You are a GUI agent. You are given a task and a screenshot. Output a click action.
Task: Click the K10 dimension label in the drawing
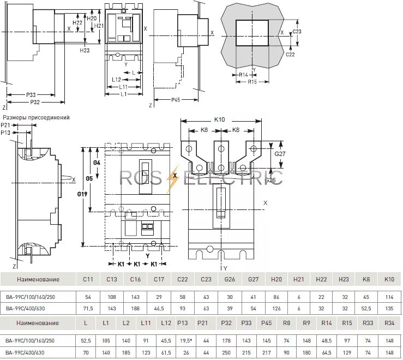[x=220, y=119]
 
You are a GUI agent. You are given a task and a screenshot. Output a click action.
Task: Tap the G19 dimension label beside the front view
[x=82, y=194]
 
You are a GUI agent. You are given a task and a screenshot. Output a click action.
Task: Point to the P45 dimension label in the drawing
[x=176, y=100]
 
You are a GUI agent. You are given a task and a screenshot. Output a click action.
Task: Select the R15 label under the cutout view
[x=252, y=82]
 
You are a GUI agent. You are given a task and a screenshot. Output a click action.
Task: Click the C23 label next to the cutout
[x=297, y=32]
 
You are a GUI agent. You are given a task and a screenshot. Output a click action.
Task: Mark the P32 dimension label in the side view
[x=35, y=102]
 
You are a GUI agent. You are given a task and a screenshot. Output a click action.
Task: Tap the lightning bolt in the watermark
[x=175, y=176]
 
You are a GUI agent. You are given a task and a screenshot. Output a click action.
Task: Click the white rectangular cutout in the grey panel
[x=252, y=33]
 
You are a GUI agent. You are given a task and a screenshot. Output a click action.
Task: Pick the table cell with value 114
[x=389, y=298]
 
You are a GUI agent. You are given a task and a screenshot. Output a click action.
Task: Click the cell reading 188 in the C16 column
[x=135, y=309]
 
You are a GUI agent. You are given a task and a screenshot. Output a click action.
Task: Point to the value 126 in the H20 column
[x=276, y=309]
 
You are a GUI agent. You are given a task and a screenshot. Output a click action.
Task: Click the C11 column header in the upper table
[x=88, y=279]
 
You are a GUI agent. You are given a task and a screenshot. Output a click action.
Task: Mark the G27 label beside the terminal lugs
[x=280, y=154]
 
